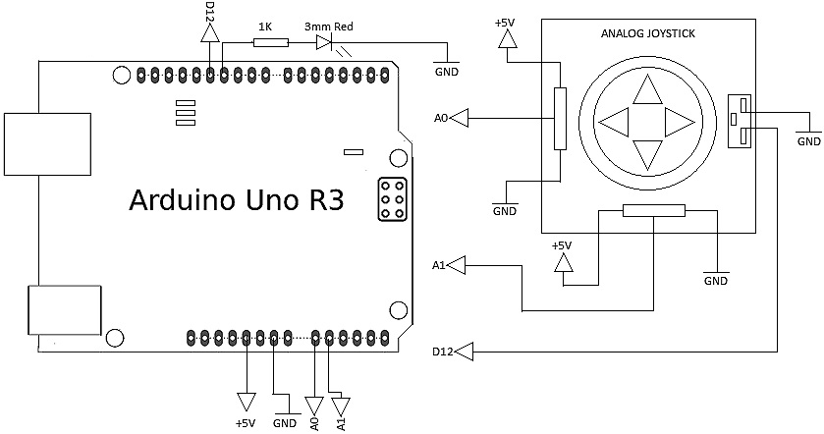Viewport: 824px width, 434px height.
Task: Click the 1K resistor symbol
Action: (x=270, y=42)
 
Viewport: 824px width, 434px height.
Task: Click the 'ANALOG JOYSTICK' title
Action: (x=647, y=35)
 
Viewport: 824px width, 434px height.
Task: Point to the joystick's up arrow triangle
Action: (x=647, y=91)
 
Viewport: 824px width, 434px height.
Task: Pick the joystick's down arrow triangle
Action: (x=647, y=153)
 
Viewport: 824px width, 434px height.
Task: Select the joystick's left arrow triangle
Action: (x=615, y=123)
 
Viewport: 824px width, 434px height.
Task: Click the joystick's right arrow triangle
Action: (x=679, y=123)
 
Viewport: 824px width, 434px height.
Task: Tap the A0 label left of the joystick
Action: (x=441, y=119)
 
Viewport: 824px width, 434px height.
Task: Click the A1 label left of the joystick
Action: (x=439, y=265)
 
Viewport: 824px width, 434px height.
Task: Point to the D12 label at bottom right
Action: (x=442, y=352)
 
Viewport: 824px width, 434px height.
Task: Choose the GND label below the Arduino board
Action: (x=285, y=423)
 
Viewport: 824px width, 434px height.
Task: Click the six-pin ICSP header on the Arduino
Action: (x=392, y=199)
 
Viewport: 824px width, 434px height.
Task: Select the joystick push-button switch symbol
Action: (x=738, y=122)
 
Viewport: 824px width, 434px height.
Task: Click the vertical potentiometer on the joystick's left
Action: (x=560, y=119)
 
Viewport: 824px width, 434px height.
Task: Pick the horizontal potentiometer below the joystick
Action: (x=654, y=210)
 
